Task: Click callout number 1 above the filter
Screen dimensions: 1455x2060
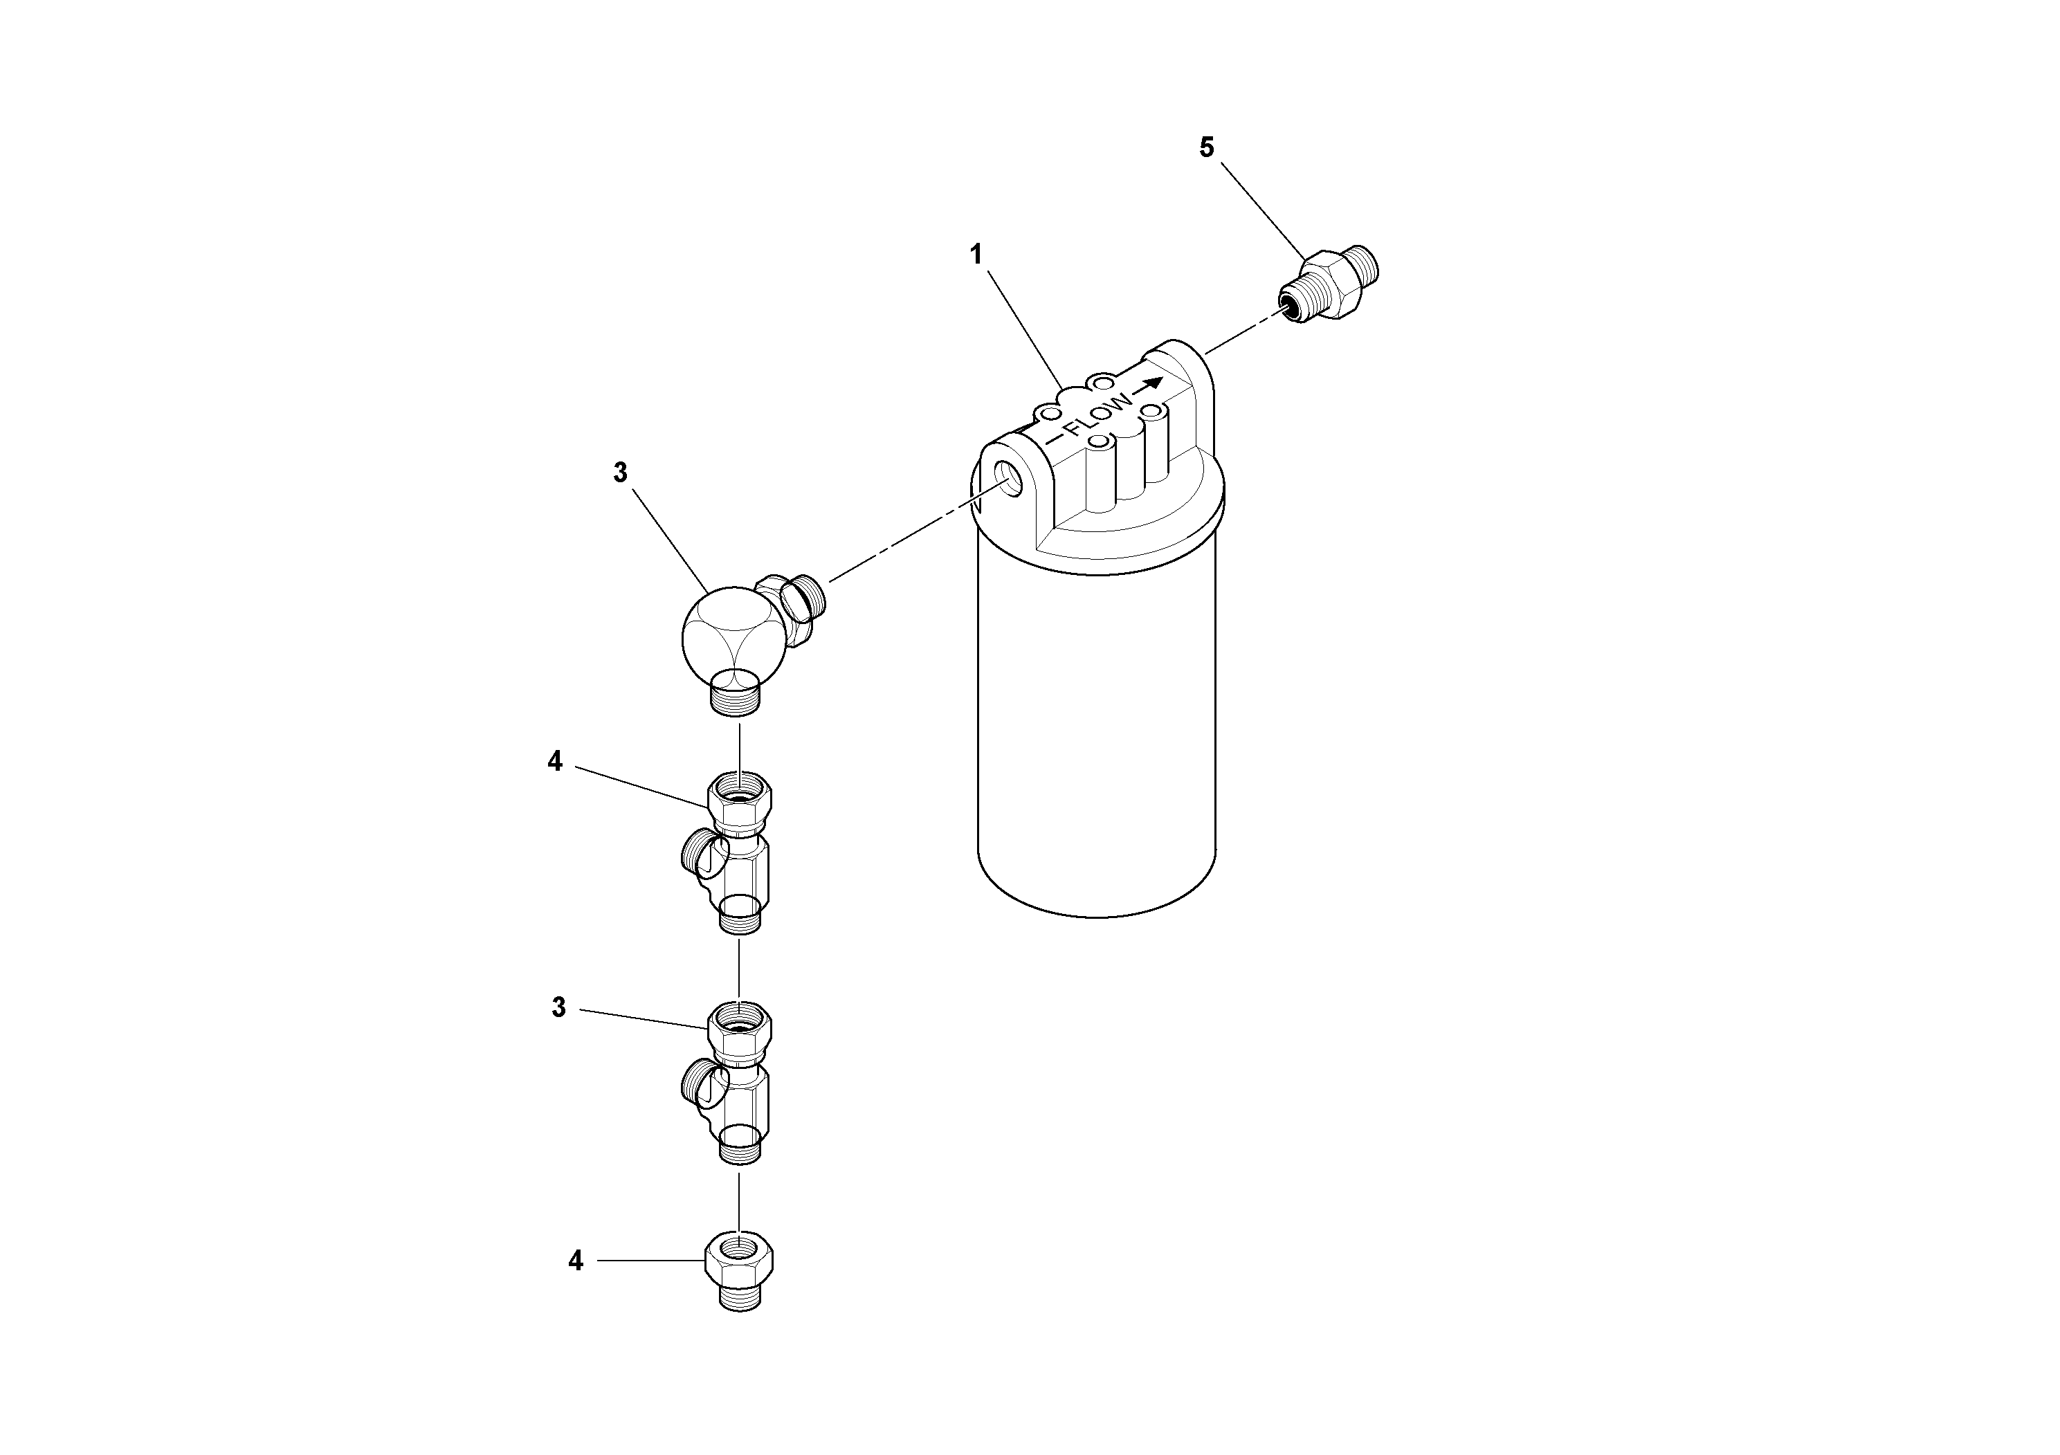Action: pyautogui.click(x=976, y=255)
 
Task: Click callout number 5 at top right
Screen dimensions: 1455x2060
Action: pyautogui.click(x=1207, y=147)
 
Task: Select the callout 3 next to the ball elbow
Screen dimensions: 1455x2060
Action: pyautogui.click(x=620, y=473)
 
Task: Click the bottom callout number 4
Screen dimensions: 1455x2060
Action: pyautogui.click(x=575, y=1261)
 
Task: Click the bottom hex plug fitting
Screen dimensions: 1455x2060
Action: pyautogui.click(x=739, y=1271)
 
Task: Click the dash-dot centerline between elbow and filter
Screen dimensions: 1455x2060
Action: pyautogui.click(x=906, y=539)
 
